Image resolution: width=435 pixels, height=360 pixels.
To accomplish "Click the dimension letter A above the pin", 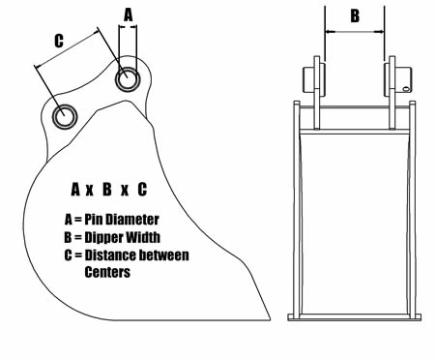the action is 129,15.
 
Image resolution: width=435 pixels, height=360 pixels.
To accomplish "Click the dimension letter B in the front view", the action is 355,15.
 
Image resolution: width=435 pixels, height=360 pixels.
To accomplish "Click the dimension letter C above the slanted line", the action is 59,41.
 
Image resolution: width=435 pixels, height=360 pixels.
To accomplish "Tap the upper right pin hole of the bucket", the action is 128,78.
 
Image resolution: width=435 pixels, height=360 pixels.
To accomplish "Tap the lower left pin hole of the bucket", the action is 65,116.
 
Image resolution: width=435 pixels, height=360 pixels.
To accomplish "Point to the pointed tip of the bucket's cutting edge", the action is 270,319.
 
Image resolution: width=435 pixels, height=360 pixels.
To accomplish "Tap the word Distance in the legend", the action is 110,255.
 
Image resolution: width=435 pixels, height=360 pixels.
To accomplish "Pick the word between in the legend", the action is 163,255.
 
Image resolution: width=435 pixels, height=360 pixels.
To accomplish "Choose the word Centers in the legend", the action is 107,272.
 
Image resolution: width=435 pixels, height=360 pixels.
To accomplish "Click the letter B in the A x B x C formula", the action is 107,190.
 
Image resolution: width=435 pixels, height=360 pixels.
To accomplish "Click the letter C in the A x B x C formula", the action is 142,190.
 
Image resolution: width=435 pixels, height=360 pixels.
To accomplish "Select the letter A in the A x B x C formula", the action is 75,190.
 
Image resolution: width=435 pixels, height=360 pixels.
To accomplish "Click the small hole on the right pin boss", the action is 406,88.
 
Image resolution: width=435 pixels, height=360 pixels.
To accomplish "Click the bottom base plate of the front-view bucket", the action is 354,317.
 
